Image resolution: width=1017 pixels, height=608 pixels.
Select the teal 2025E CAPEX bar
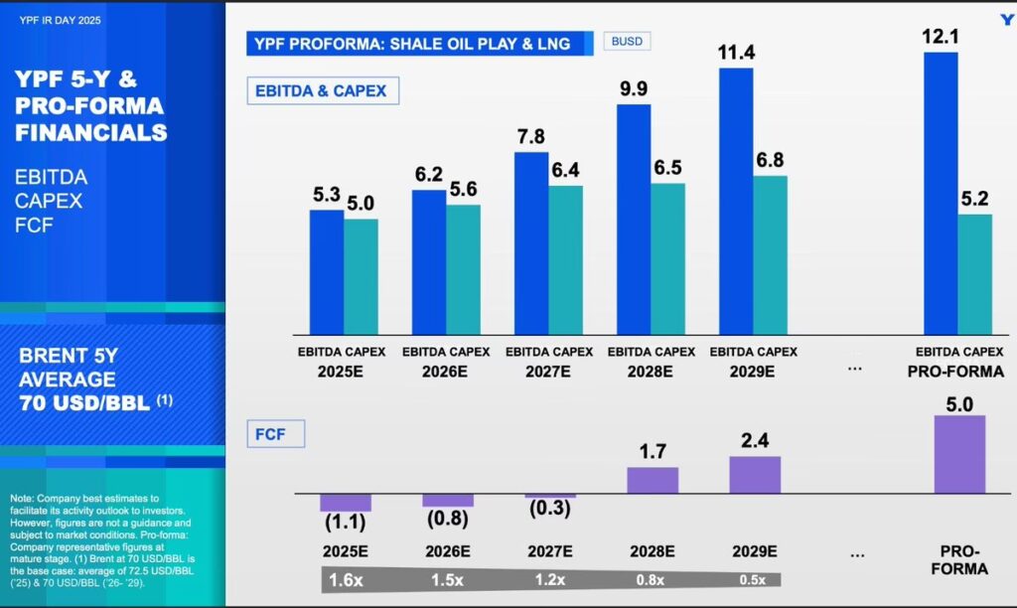(361, 276)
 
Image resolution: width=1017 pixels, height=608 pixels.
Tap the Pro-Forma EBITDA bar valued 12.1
(941, 194)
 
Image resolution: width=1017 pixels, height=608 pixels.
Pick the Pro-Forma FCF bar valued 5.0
(959, 454)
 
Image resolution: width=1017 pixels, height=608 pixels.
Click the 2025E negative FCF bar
(345, 502)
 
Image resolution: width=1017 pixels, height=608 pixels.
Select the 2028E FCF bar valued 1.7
(653, 480)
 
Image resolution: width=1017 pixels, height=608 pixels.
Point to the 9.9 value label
(634, 88)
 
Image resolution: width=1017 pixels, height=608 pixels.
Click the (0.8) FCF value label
(447, 520)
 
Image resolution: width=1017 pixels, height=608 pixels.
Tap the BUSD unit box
(627, 42)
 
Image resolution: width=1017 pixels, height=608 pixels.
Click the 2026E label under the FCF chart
(447, 549)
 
